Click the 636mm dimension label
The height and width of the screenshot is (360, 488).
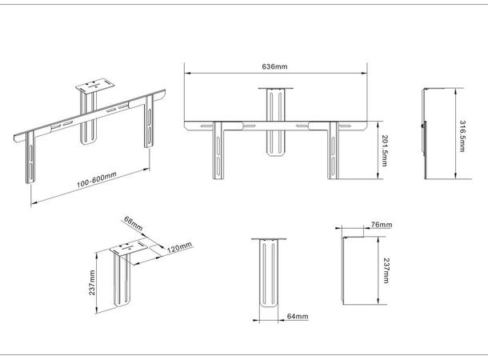coord(275,66)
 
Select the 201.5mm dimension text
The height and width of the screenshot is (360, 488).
coord(386,152)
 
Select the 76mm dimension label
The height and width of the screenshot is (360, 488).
coord(382,226)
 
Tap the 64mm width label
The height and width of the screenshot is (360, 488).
coord(297,317)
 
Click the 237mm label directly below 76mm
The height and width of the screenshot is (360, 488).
coord(386,270)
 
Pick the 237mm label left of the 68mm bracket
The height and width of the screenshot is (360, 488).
coord(93,282)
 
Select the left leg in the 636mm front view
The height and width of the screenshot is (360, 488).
coord(214,152)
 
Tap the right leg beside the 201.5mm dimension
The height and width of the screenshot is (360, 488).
coord(334,152)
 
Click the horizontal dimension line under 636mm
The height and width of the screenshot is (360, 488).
coord(275,74)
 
